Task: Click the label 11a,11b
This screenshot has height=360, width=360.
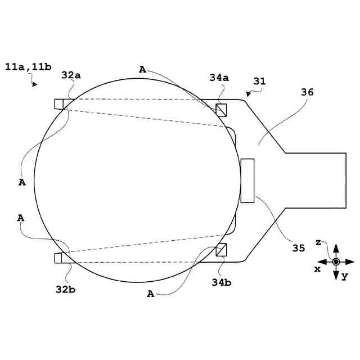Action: tap(28, 67)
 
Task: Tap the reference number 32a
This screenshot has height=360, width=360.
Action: tap(71, 75)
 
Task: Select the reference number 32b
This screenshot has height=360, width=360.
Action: tap(66, 290)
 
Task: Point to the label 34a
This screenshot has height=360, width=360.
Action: tap(219, 78)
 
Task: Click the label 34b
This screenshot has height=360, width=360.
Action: tap(221, 282)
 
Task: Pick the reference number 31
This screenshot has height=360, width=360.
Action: tap(259, 81)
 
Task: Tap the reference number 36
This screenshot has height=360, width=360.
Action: tap(308, 92)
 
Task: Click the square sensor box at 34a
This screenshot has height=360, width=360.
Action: tap(222, 109)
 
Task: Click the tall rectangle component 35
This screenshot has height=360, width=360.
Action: tap(247, 181)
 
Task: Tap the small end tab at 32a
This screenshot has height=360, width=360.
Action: tap(59, 103)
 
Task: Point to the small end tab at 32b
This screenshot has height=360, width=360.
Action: tap(59, 258)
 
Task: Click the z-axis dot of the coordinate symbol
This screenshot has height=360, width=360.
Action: tap(336, 262)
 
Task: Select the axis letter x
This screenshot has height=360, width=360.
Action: tap(317, 269)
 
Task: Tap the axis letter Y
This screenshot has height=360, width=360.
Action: tap(345, 276)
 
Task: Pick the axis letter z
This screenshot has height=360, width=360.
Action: tap(318, 242)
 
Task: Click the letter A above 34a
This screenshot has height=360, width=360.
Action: tap(142, 69)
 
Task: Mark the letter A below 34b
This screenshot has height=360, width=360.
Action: tap(150, 293)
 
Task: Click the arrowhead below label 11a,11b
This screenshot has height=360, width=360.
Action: tap(35, 84)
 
